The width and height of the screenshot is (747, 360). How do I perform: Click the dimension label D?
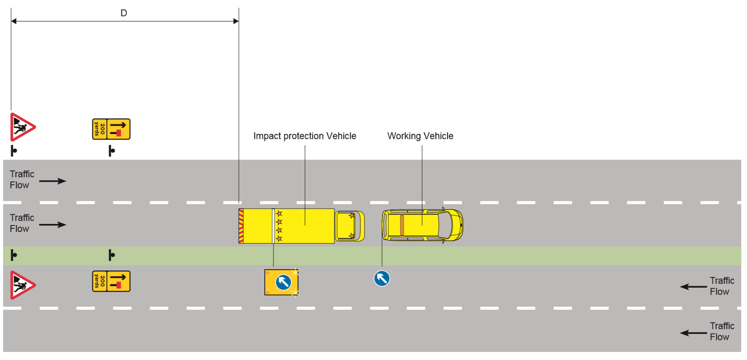[124, 13]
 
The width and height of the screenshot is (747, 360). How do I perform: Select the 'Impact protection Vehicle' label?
[305, 136]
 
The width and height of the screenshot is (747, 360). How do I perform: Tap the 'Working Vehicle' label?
[420, 136]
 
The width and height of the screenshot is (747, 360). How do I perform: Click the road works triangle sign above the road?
[22, 127]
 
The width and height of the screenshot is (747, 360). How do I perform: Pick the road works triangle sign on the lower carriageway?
[22, 285]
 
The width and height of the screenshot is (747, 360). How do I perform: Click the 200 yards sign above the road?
[111, 129]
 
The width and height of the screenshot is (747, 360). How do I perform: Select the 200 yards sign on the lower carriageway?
[111, 281]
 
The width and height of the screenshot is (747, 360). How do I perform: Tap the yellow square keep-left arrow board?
[281, 282]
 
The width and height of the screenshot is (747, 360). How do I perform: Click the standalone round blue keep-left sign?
[382, 278]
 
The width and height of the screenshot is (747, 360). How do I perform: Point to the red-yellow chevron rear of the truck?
[241, 226]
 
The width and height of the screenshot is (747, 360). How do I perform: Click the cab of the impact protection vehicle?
[349, 226]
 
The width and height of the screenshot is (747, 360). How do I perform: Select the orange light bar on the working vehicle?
[402, 225]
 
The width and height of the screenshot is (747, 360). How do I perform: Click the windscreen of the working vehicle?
[445, 225]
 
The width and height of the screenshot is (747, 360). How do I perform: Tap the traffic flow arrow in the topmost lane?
[53, 181]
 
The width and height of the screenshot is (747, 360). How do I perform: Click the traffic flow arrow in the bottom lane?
[693, 333]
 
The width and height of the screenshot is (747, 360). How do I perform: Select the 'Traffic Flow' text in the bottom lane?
[722, 332]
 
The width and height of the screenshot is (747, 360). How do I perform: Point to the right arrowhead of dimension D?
[236, 21]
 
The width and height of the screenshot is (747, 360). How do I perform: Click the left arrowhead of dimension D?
[14, 21]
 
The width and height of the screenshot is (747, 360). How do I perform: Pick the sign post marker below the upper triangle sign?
[14, 151]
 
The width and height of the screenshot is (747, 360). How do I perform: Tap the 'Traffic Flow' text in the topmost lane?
[22, 179]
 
